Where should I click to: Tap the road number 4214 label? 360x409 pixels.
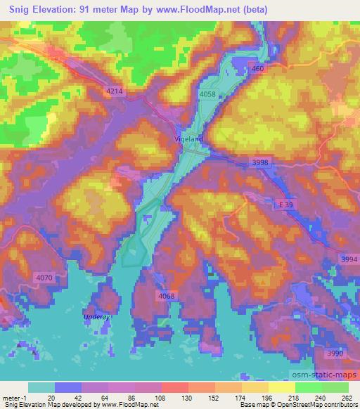113,91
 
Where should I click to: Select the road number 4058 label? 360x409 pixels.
207,93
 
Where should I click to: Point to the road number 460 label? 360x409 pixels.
257,68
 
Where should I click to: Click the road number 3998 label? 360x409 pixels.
260,162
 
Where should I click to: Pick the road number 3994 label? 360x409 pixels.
348,259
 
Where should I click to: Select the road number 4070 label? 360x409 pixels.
44,278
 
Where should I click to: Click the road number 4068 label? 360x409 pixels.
167,296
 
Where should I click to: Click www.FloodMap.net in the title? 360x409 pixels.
214,10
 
